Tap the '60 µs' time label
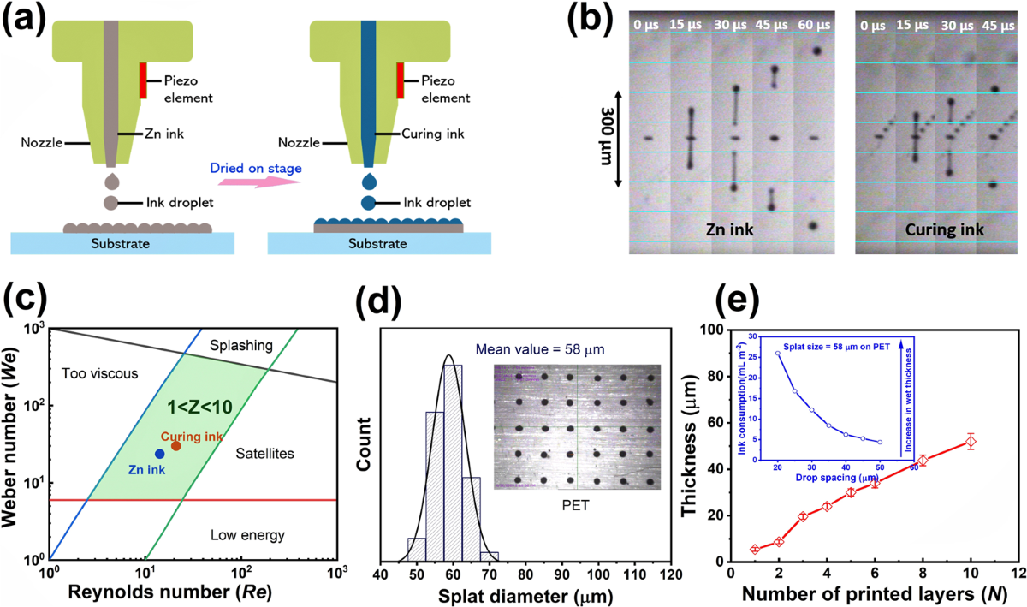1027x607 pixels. pos(816,24)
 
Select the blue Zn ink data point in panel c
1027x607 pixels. pos(160,453)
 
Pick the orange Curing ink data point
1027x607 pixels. pos(175,445)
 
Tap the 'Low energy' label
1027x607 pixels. pos(247,536)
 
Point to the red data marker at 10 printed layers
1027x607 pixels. pos(971,442)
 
